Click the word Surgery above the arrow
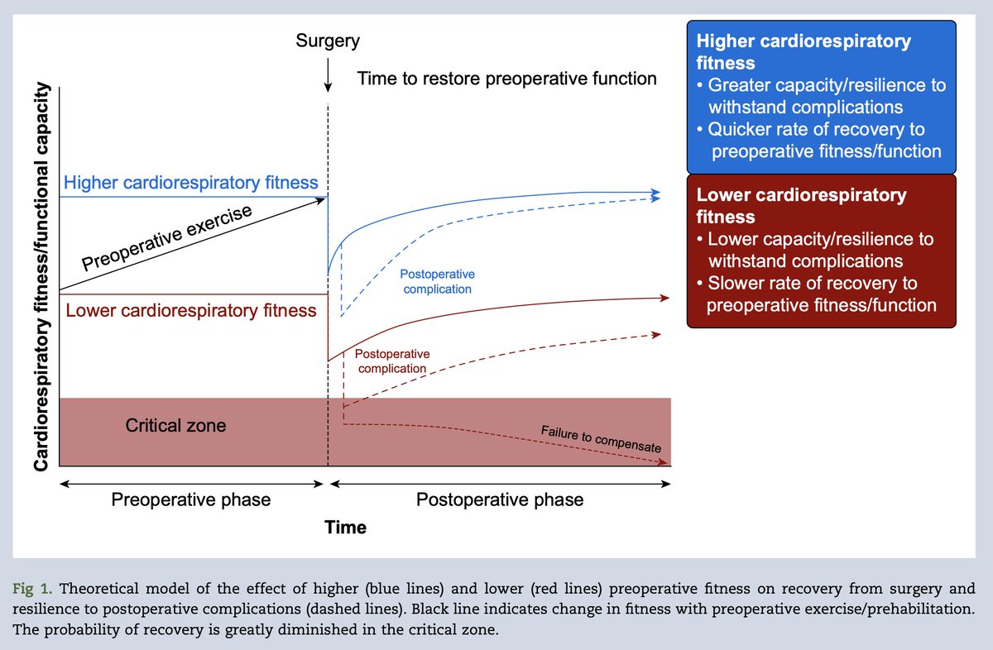pyautogui.click(x=329, y=41)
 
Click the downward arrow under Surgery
pyautogui.click(x=329, y=79)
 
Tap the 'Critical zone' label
pyautogui.click(x=175, y=427)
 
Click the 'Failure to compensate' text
pyautogui.click(x=601, y=439)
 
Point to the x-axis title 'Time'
pyautogui.click(x=346, y=528)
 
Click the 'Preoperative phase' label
pyautogui.click(x=191, y=499)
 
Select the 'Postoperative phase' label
pyautogui.click(x=500, y=499)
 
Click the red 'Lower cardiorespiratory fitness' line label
pyautogui.click(x=191, y=311)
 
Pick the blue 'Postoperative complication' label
pyautogui.click(x=438, y=281)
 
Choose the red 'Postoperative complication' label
pyautogui.click(x=392, y=361)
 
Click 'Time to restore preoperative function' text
pyautogui.click(x=507, y=79)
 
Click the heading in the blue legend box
pyautogui.click(x=804, y=51)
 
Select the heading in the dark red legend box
pyautogui.click(x=802, y=206)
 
